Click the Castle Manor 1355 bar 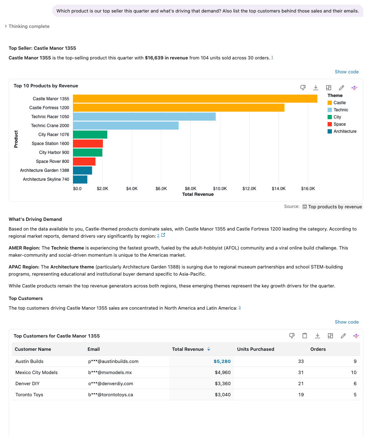[x=195, y=98]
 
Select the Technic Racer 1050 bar [x=144, y=117]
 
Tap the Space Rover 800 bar [x=84, y=161]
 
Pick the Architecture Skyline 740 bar [x=80, y=179]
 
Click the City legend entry [x=334, y=117]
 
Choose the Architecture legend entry [x=342, y=131]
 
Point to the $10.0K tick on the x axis [x=220, y=189]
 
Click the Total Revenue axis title [x=198, y=194]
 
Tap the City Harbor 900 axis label [x=54, y=152]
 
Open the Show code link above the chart [x=347, y=72]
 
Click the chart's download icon [x=316, y=88]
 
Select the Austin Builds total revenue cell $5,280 [x=222, y=361]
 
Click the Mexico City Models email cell [x=110, y=372]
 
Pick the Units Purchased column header [x=256, y=349]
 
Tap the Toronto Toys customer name [x=29, y=394]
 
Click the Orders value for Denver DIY [x=355, y=383]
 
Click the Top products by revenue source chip [x=332, y=207]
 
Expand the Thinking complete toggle [x=27, y=26]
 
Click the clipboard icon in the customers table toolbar [x=305, y=335]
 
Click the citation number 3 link [x=240, y=307]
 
